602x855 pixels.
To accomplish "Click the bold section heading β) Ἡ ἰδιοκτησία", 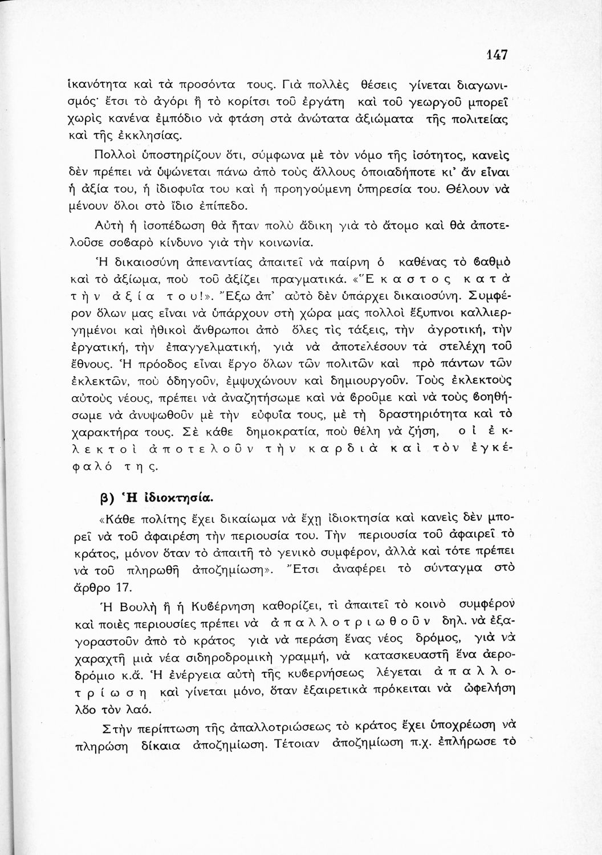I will [x=156, y=496].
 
